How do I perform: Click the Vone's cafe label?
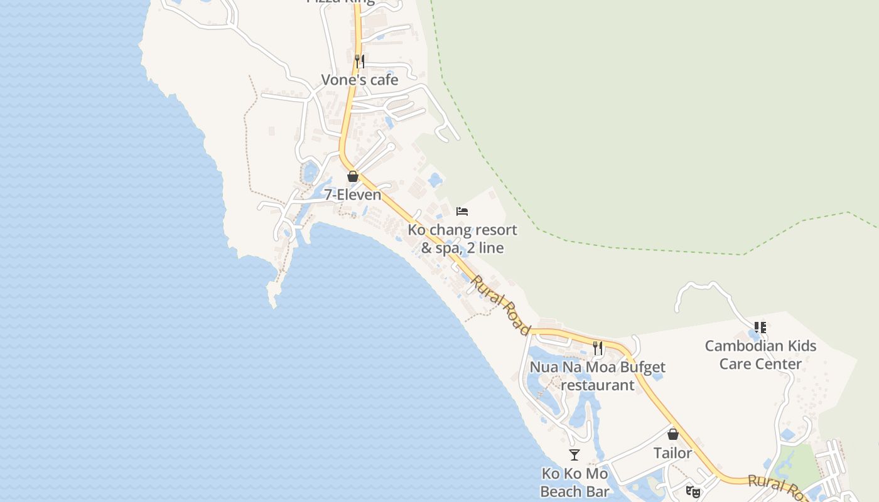pos(360,80)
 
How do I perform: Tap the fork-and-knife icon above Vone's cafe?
pos(360,61)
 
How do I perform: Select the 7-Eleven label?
pos(353,195)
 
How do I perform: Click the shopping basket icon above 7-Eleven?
pos(353,176)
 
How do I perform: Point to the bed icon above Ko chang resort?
pos(462,211)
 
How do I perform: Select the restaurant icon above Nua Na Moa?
pos(598,348)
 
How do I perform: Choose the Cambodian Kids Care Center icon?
pos(760,327)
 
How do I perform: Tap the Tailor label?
pos(672,453)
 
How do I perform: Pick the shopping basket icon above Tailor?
pos(673,434)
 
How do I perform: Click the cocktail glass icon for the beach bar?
pos(574,455)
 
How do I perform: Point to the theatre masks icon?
pos(693,491)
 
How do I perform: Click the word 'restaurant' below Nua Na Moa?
pos(598,385)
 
